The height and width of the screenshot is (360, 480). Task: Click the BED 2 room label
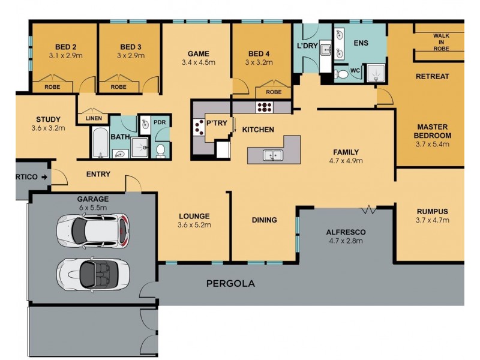tap(65, 47)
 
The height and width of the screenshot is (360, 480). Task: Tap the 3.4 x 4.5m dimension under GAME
tap(199, 62)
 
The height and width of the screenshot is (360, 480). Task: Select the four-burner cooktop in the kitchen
tap(265, 107)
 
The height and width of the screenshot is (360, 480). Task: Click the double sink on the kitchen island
tap(273, 155)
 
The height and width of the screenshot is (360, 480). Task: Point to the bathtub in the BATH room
tap(100, 143)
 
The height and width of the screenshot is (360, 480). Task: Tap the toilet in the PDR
tap(160, 151)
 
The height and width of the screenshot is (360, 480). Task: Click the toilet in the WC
tap(341, 74)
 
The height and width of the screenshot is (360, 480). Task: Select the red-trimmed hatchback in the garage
tap(93, 230)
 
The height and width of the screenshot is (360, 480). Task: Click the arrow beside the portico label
tap(44, 177)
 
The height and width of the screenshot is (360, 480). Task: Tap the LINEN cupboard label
tap(94, 118)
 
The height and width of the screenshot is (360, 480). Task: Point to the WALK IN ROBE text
tap(441, 42)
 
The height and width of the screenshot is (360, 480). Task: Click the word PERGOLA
tap(230, 283)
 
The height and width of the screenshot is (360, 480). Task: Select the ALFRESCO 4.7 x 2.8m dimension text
tap(346, 241)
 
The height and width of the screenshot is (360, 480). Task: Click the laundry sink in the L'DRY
tap(325, 50)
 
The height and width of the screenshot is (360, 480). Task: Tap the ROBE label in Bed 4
tap(274, 92)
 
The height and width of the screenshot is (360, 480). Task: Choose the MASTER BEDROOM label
tap(432, 131)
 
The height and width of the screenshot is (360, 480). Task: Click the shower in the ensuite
tap(376, 73)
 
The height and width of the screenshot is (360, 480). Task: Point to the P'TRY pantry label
tap(217, 123)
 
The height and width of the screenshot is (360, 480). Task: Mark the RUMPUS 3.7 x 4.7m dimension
tap(432, 220)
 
